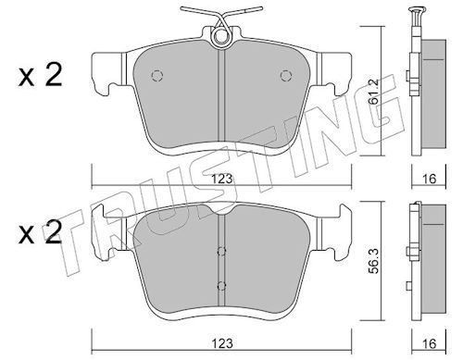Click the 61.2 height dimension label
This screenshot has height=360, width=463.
375,92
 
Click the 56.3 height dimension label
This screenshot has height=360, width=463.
375,261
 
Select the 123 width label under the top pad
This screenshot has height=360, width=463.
222,180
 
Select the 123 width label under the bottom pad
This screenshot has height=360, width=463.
222,343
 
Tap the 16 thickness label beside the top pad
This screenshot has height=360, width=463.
429,179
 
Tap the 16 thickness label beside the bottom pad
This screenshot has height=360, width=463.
429,343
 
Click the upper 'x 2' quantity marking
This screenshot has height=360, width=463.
40,75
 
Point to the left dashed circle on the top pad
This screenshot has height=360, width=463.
157,76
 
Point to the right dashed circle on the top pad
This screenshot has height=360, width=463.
286,76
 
